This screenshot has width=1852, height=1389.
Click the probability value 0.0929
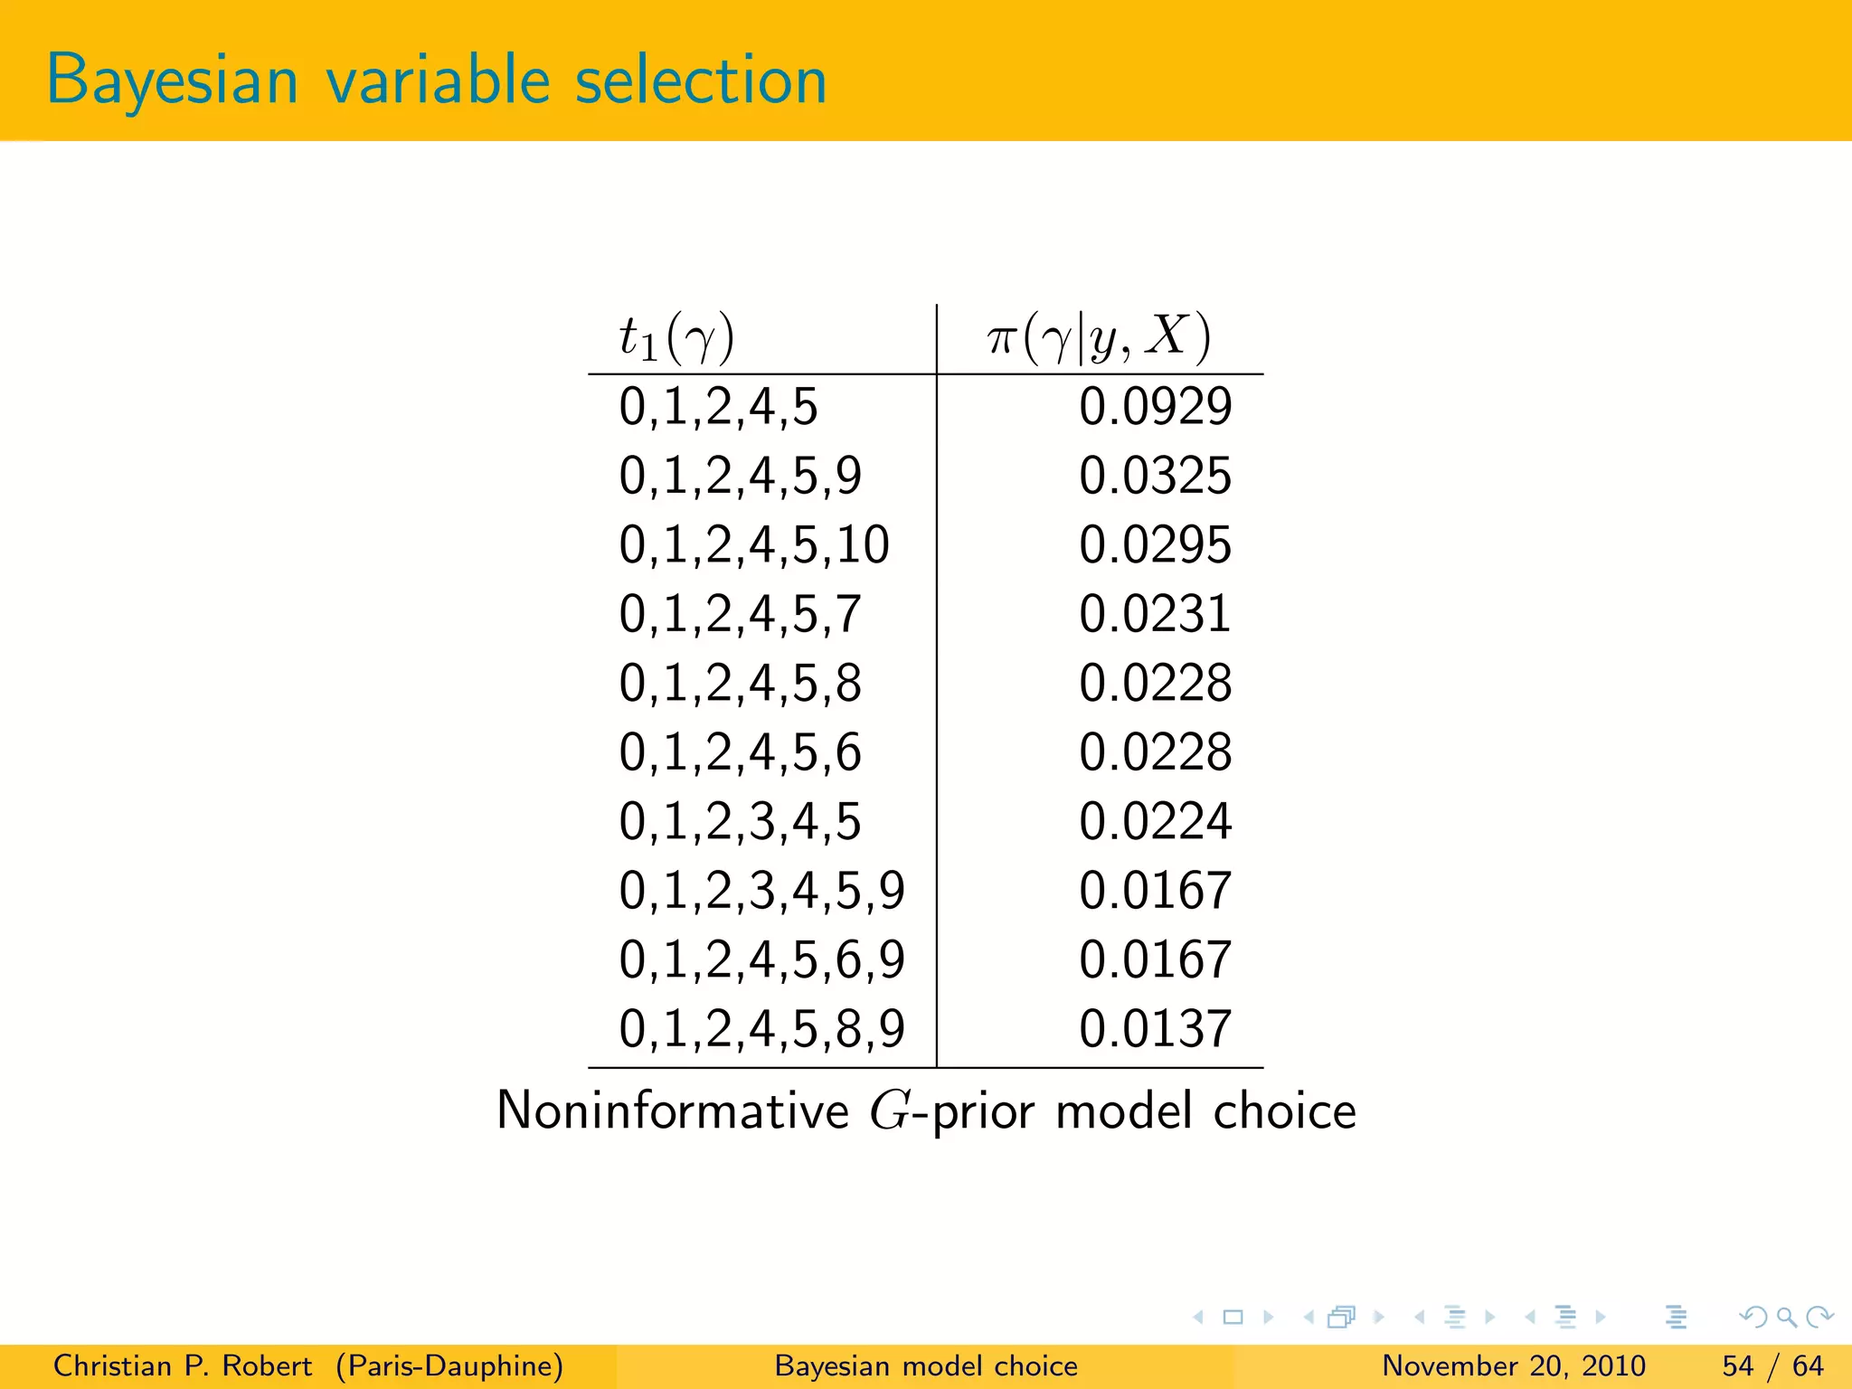(x=1155, y=406)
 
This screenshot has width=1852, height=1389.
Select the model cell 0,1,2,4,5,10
(x=754, y=545)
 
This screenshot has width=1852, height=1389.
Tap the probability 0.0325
(x=1155, y=476)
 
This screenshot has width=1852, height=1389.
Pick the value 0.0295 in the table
(x=1155, y=545)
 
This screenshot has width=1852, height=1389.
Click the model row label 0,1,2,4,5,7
(x=740, y=614)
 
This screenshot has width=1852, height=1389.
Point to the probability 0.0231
(x=1155, y=614)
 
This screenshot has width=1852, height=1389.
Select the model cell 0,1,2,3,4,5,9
(x=761, y=891)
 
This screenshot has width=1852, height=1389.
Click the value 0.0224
(x=1155, y=821)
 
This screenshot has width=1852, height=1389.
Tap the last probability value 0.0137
(x=1155, y=1029)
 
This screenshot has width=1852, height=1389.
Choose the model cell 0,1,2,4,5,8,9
(x=761, y=1029)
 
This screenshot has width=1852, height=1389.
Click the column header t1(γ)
(x=676, y=338)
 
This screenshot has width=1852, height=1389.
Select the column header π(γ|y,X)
(x=1099, y=338)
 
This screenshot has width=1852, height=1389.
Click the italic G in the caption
(x=890, y=1111)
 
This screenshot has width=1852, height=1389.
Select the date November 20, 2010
(x=1513, y=1365)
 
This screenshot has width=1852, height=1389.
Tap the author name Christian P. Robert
(x=182, y=1365)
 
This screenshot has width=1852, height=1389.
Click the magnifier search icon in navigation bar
(x=1786, y=1317)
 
